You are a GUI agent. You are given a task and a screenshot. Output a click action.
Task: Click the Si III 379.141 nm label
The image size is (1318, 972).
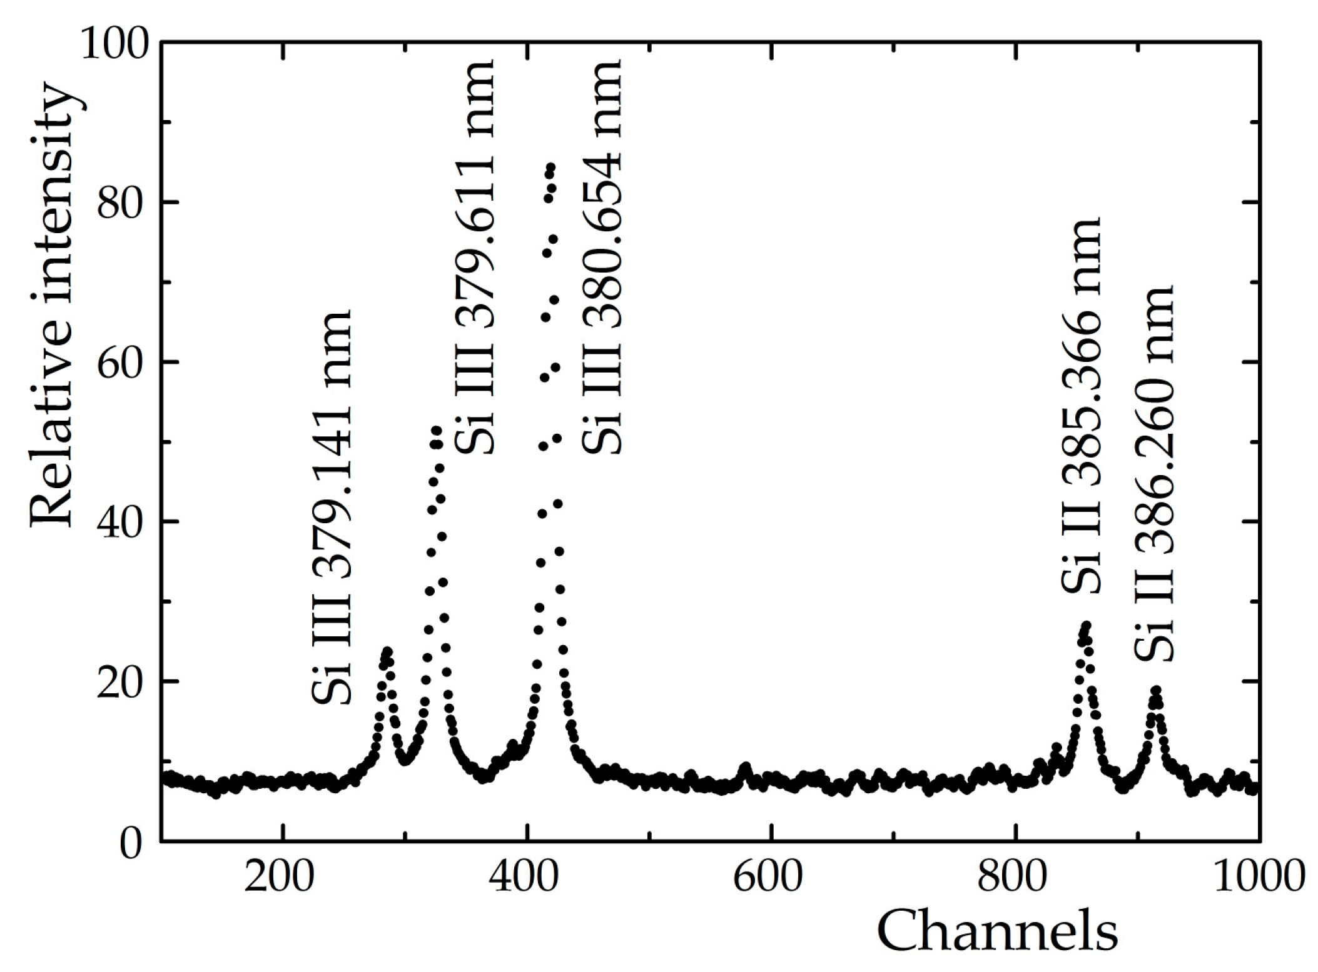[x=332, y=507]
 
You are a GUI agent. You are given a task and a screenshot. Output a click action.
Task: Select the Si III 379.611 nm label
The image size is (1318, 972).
[x=475, y=256]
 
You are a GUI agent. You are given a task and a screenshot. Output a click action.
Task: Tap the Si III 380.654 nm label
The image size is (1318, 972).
[x=602, y=256]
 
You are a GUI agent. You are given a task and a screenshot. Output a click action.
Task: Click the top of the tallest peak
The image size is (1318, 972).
[x=550, y=168]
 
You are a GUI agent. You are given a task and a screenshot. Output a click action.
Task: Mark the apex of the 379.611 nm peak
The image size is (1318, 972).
[x=436, y=430]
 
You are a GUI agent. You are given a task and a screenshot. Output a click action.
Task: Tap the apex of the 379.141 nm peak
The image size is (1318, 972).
[x=387, y=652]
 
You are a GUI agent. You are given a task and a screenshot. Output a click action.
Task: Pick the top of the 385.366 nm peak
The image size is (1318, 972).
[x=1086, y=625]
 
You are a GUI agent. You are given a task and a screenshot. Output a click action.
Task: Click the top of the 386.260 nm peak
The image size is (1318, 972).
[x=1156, y=690]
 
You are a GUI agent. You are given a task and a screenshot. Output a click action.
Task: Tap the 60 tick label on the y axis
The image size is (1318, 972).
[x=122, y=363]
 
